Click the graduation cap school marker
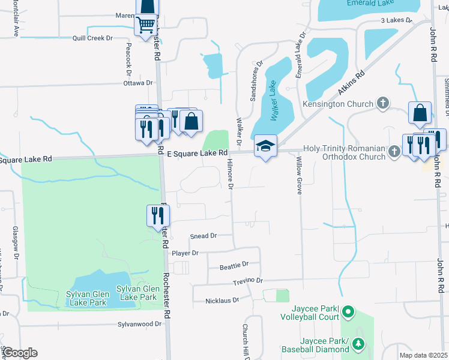pyautogui.click(x=265, y=146)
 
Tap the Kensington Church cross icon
pyautogui.click(x=382, y=103)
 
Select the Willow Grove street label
pyautogui.click(x=299, y=175)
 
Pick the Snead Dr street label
pyautogui.click(x=203, y=236)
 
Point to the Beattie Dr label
pyautogui.click(x=234, y=264)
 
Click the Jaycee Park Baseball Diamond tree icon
pyautogui.click(x=358, y=344)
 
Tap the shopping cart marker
pyautogui.click(x=146, y=26)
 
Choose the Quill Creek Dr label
pyautogui.click(x=93, y=38)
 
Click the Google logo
pyautogui.click(x=20, y=353)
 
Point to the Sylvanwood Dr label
pyautogui.click(x=142, y=324)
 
